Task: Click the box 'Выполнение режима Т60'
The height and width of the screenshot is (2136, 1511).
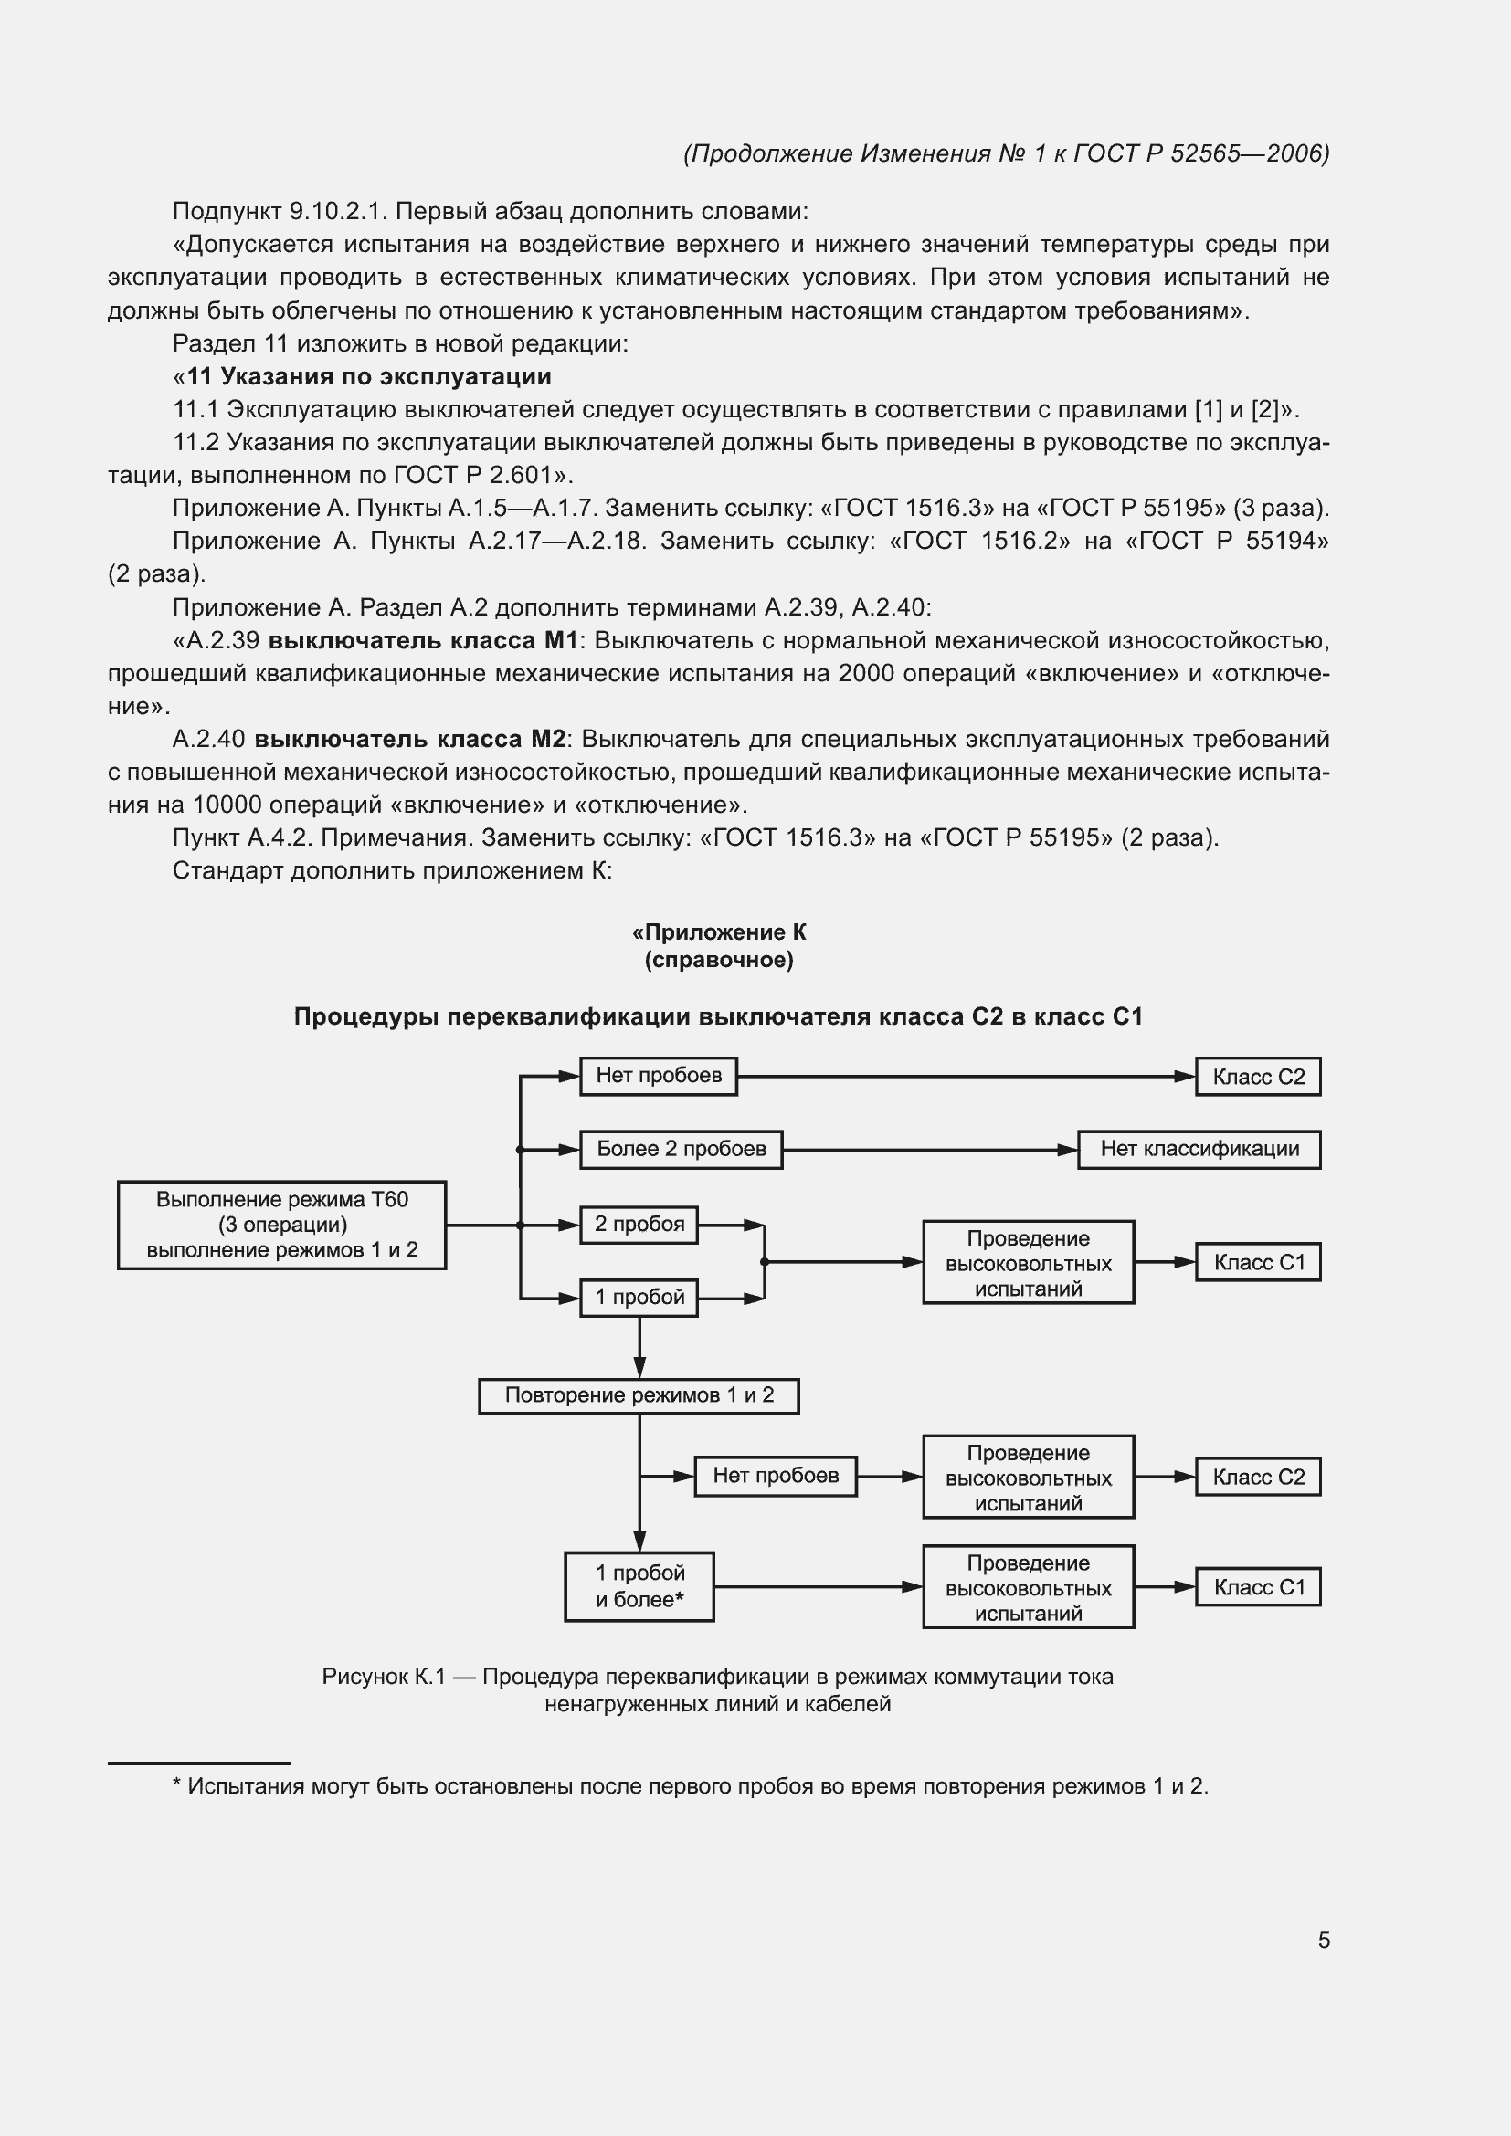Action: [x=281, y=1225]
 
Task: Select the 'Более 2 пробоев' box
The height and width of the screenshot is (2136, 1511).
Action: [x=682, y=1149]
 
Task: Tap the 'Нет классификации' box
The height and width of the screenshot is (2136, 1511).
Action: [x=1199, y=1149]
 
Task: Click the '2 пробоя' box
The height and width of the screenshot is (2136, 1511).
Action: [x=639, y=1225]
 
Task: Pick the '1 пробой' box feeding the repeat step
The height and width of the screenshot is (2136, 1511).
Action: [x=639, y=1297]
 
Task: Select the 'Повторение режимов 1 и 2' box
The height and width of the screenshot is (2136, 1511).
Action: [x=639, y=1395]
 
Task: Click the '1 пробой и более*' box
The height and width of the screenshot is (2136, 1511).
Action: [x=639, y=1586]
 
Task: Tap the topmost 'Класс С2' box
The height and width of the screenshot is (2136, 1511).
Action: [x=1257, y=1077]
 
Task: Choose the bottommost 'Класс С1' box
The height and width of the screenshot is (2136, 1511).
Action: [x=1257, y=1587]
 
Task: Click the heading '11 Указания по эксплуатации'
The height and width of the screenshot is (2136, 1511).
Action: [x=368, y=377]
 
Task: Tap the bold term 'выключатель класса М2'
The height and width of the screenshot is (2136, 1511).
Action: [x=410, y=739]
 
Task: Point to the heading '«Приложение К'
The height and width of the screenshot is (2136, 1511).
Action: [x=718, y=932]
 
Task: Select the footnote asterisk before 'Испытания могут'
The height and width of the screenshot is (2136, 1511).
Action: [x=177, y=1785]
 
